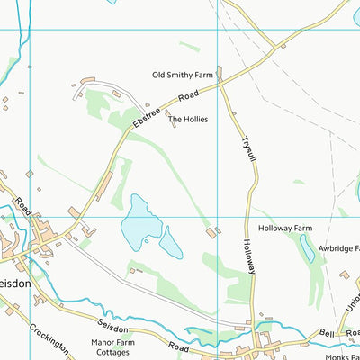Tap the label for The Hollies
pos(188,119)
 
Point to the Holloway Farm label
pos(284,229)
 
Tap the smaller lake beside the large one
pos(170,243)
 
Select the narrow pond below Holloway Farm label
pos(307,248)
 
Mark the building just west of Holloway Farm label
pos(211,233)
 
